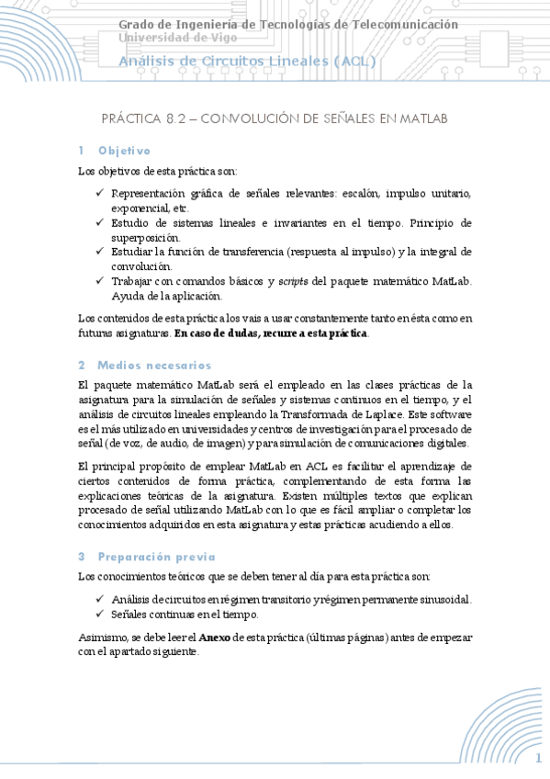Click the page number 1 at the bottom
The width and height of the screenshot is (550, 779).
[x=539, y=758]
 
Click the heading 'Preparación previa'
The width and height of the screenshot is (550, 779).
[x=156, y=556]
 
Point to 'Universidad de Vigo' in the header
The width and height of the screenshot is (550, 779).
[x=177, y=38]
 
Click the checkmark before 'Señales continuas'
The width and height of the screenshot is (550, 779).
[x=99, y=615]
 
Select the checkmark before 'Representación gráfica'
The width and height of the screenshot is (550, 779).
[x=99, y=194]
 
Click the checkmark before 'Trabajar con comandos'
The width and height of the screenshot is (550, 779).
[x=99, y=280]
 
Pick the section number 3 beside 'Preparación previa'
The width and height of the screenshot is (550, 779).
[x=81, y=556]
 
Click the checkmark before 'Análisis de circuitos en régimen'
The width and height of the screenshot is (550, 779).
[x=99, y=600]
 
